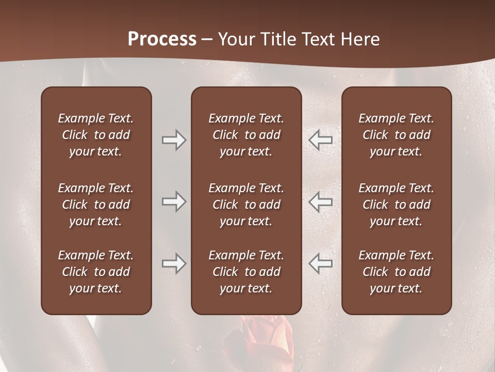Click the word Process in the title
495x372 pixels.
click(x=162, y=39)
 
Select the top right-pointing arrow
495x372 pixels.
click(x=174, y=140)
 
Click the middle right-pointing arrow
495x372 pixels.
click(x=174, y=202)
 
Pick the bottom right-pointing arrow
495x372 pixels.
click(x=174, y=263)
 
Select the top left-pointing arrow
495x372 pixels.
click(x=320, y=140)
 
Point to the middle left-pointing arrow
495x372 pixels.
click(x=320, y=202)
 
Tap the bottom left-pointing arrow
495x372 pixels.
click(x=320, y=263)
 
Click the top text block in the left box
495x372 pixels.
click(x=96, y=135)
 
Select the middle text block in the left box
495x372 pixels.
click(x=96, y=205)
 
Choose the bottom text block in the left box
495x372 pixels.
click(x=96, y=272)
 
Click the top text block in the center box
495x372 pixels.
click(x=246, y=135)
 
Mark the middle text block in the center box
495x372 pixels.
click(x=246, y=205)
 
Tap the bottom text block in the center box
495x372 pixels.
click(x=246, y=272)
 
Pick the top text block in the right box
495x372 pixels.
click(x=396, y=135)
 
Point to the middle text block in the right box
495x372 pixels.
click(x=396, y=205)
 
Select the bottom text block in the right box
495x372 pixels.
click(x=396, y=272)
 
